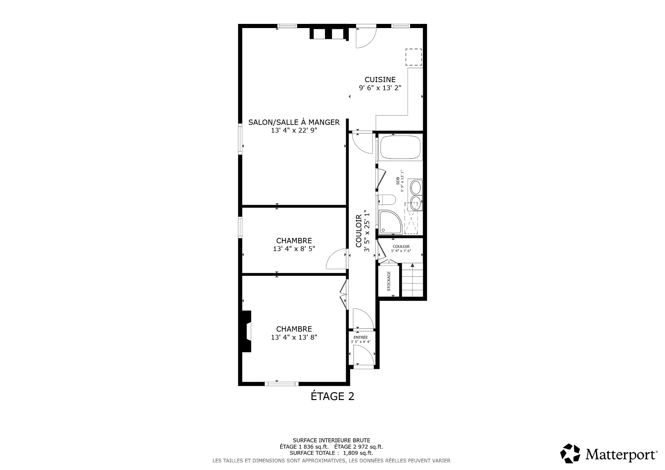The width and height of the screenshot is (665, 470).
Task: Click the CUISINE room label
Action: [x=380, y=80]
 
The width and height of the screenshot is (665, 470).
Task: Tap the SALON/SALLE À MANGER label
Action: [x=294, y=122]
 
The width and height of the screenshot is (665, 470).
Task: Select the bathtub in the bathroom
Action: [x=400, y=147]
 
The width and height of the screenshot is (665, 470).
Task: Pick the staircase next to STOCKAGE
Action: [x=412, y=280]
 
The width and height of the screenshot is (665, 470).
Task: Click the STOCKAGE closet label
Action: [x=389, y=281]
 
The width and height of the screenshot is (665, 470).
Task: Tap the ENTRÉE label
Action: [x=361, y=337]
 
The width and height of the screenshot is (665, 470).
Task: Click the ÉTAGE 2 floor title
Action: [x=332, y=396]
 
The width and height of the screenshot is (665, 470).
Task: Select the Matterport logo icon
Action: [x=570, y=453]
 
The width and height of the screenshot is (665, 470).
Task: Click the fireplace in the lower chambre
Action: [x=246, y=331]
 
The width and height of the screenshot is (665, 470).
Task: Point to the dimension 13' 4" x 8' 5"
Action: [x=294, y=249]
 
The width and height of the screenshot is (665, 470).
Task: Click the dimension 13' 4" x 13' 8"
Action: [x=294, y=337]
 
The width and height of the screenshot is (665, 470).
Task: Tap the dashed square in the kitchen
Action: [x=414, y=57]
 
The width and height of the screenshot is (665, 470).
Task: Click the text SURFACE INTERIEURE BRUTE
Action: [x=331, y=440]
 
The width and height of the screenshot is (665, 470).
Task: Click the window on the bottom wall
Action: [x=282, y=383]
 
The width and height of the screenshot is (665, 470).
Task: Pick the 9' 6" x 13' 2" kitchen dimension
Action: [x=380, y=88]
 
